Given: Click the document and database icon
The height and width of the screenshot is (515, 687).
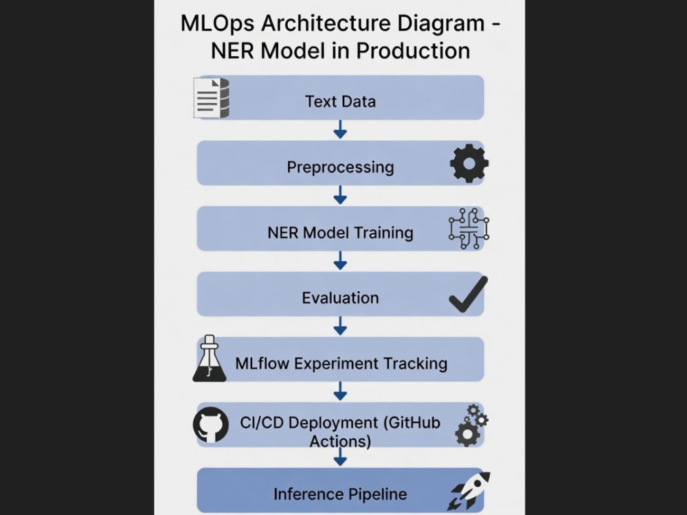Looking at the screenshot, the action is (x=212, y=98).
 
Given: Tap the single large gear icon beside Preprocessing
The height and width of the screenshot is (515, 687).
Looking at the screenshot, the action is (x=469, y=163).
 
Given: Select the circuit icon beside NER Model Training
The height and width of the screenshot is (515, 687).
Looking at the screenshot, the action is (x=469, y=229).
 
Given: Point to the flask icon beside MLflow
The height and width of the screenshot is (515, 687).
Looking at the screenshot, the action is (x=210, y=358).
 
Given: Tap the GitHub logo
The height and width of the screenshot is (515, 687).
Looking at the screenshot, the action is (x=211, y=425).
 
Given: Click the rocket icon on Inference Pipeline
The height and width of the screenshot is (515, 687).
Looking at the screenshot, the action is (x=469, y=490).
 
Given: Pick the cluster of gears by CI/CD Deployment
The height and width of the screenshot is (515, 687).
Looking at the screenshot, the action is (x=471, y=425).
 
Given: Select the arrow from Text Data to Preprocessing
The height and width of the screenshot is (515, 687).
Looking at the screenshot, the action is (x=341, y=130).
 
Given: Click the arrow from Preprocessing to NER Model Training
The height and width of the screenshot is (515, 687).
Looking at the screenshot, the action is (x=341, y=195).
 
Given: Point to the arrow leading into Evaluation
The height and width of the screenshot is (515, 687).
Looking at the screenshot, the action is (x=341, y=260).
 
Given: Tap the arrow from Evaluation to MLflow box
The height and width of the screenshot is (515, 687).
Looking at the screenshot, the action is (x=341, y=325).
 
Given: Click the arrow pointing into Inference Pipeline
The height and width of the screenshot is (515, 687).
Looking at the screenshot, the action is (x=341, y=457).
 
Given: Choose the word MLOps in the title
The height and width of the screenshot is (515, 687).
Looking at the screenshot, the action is (x=217, y=23).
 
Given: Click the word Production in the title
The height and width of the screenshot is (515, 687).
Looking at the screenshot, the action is (x=413, y=51).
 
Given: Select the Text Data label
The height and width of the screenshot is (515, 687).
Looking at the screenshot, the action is (x=341, y=102).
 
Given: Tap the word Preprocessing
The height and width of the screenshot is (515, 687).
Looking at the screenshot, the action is (x=341, y=168).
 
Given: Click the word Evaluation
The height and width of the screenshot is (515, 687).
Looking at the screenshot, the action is (x=341, y=298).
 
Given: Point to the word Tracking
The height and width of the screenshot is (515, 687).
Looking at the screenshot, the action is (x=416, y=363).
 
